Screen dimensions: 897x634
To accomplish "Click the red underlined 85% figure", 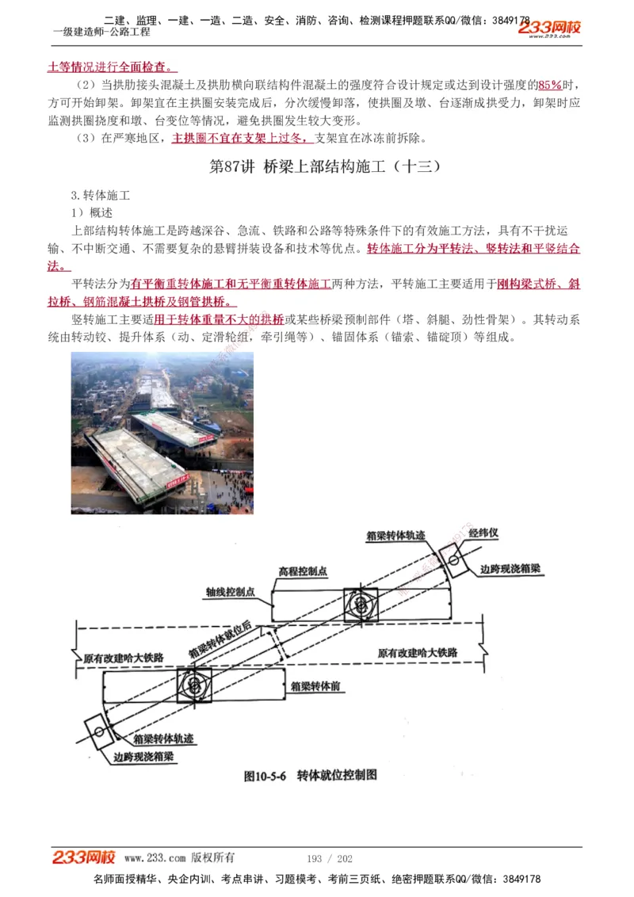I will tap(549, 86).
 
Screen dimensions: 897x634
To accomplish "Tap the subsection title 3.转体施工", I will tap(101, 195).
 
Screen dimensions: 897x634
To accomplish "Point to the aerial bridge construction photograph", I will tap(162, 433).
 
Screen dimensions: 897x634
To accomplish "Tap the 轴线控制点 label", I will tap(230, 591).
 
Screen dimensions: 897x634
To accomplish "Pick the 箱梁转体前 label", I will tap(315, 685).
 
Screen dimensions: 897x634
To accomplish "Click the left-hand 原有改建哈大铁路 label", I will tap(124, 658).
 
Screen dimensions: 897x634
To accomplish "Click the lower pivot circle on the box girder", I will tap(193, 683).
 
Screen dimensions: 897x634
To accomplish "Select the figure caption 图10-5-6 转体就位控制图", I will tap(310, 775).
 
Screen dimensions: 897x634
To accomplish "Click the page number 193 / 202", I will tap(329, 858).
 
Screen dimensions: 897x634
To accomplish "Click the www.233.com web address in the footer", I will tap(155, 857).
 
